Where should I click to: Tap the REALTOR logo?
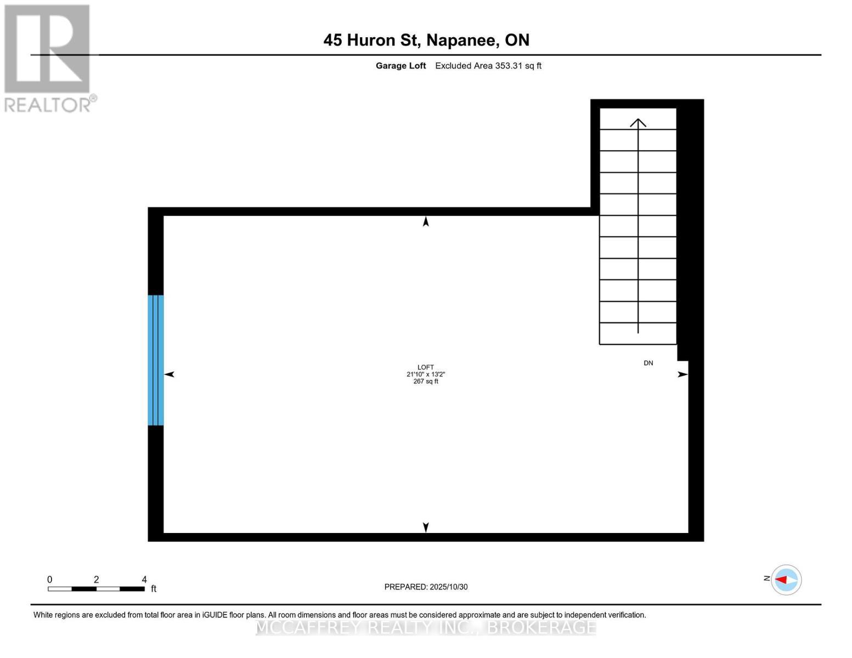(48, 58)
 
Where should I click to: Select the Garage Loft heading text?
(400, 66)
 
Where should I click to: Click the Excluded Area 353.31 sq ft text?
(488, 66)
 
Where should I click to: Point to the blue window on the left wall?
(156, 360)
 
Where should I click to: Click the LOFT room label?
(426, 367)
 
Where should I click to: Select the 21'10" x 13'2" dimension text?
(426, 375)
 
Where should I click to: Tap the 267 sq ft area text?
(426, 382)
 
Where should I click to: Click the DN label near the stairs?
(648, 363)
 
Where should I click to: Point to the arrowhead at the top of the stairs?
(637, 122)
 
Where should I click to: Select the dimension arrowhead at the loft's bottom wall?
(426, 527)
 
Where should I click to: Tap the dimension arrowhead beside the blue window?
(170, 374)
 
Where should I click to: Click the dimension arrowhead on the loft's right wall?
(682, 375)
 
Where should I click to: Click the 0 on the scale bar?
(49, 580)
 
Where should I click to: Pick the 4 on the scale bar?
(144, 580)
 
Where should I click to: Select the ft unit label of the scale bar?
(154, 589)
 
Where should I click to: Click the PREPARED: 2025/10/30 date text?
(426, 587)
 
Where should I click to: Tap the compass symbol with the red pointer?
(786, 580)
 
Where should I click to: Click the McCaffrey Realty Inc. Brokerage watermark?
(426, 627)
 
